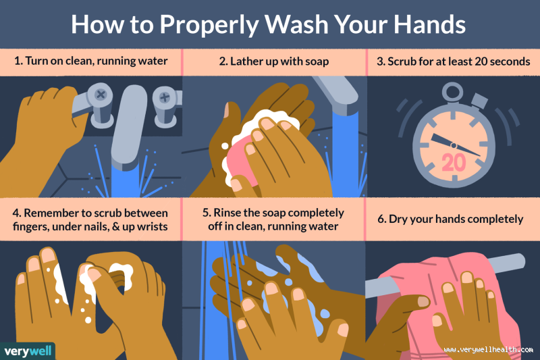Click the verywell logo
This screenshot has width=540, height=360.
(27, 351)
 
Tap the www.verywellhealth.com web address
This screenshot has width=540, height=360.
(485, 349)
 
